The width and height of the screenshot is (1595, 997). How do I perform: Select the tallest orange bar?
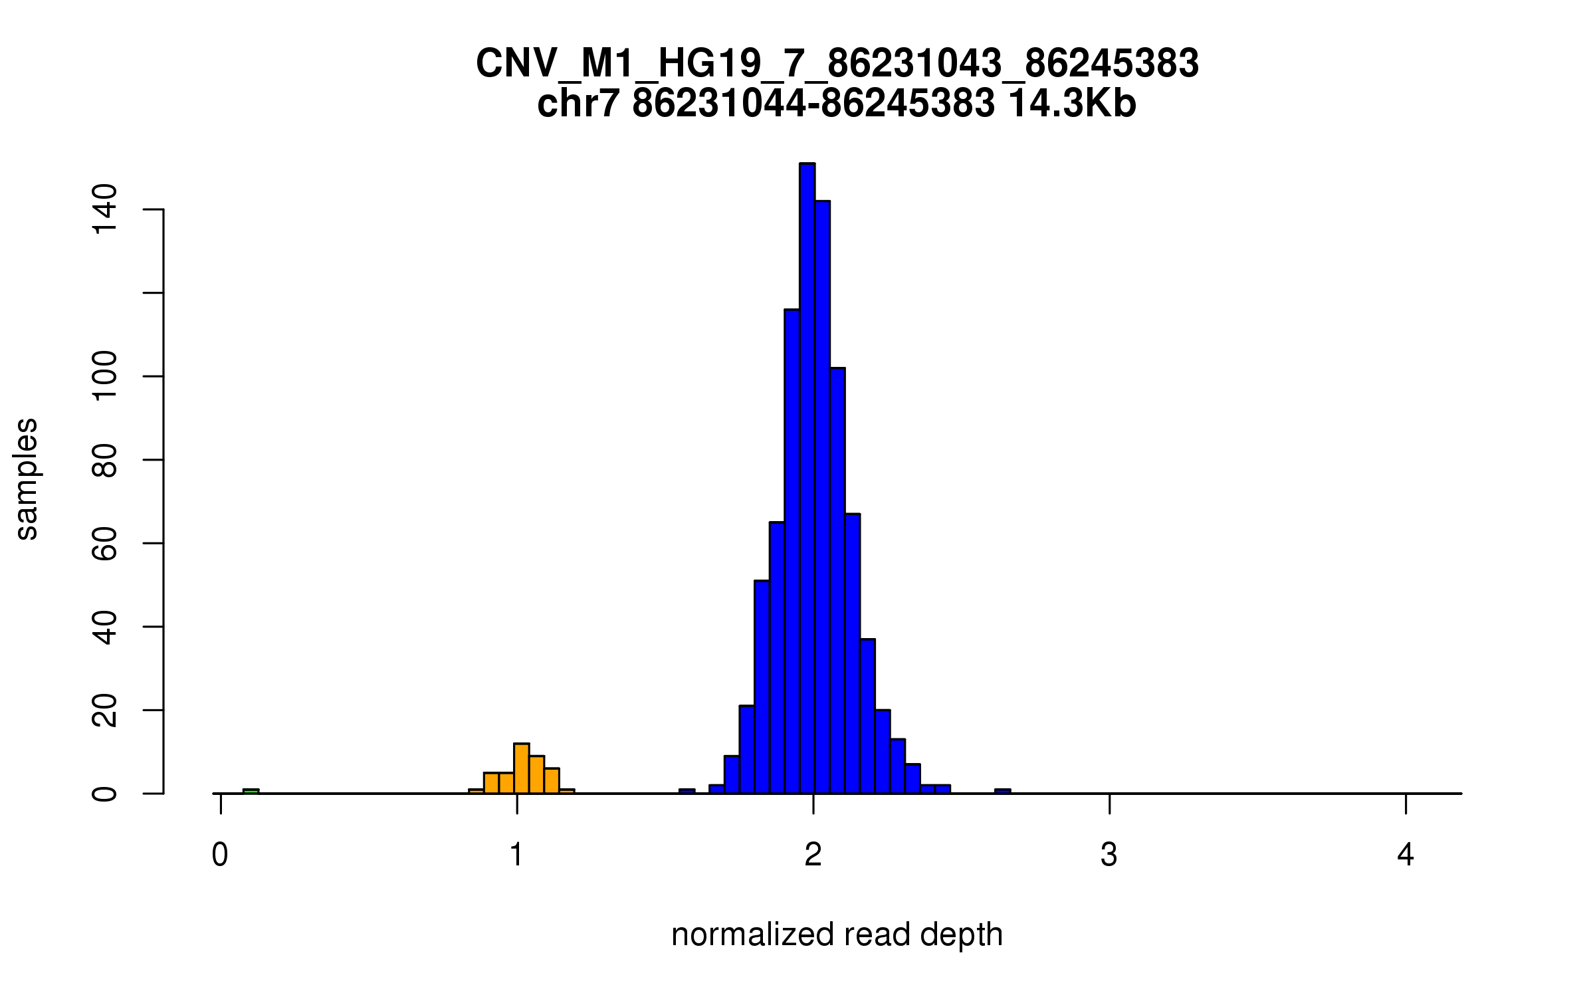coord(522,768)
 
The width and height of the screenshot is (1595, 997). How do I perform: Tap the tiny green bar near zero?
coord(251,791)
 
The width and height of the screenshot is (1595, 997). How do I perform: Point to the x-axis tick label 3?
coord(1109,855)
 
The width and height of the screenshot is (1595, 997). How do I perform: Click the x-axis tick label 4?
coord(1405,855)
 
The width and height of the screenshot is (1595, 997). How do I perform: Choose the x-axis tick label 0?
coord(220,855)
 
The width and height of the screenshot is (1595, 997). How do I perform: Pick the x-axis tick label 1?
coord(516,855)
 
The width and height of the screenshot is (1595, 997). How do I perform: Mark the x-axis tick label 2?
coord(813,855)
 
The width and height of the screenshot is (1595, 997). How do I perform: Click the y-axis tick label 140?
coord(105,209)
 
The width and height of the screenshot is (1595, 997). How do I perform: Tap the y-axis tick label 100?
coord(105,376)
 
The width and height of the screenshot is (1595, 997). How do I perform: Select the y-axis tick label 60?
coord(105,543)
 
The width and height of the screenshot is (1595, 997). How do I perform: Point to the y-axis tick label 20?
coord(105,710)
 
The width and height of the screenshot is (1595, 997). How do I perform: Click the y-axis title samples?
coord(27,479)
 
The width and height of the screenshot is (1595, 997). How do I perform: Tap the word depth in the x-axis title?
coord(961,935)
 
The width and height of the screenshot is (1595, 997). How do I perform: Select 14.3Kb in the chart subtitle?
coord(1072,104)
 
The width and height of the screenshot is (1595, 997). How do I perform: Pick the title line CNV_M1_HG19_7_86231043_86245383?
coord(837,64)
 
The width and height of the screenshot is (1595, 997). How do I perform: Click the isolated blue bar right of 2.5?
coord(1002,791)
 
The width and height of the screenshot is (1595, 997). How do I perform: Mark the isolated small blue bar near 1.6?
coord(687,791)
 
